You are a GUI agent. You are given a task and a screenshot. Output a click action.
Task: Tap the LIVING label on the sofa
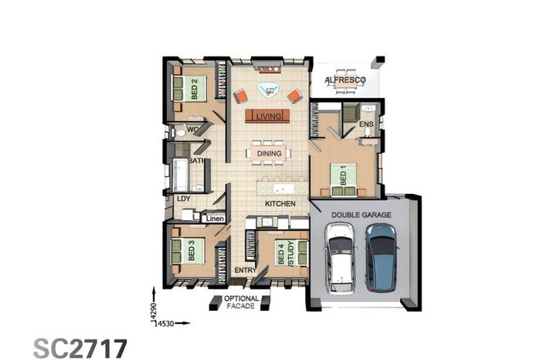click(268, 117)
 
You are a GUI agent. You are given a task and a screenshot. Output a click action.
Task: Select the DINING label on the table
click(268, 153)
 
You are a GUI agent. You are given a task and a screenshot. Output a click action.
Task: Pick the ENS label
click(366, 125)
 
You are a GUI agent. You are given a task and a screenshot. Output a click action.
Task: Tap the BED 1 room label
click(344, 176)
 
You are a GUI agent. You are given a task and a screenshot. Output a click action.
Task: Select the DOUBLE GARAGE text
click(360, 215)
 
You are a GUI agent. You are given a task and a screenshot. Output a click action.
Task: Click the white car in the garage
click(340, 256)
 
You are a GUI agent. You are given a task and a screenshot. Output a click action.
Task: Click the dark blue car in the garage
click(380, 256)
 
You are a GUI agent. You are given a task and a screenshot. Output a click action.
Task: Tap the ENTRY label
click(245, 270)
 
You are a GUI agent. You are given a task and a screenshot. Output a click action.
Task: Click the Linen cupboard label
click(214, 218)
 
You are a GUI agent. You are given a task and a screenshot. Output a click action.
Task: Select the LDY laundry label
click(182, 198)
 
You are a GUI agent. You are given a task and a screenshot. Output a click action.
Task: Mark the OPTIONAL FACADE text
click(241, 303)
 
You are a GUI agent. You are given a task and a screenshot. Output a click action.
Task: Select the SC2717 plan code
click(80, 347)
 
